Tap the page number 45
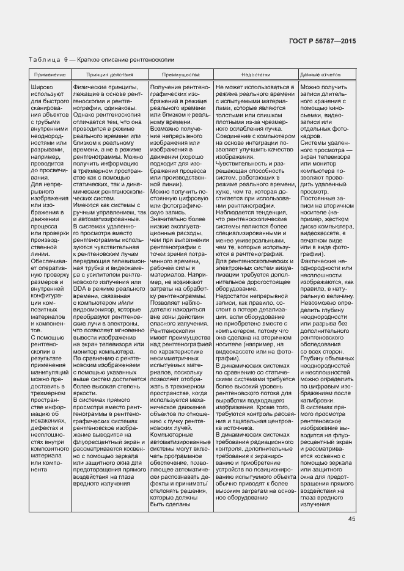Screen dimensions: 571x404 coord(351,519)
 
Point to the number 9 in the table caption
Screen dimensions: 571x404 coord(64,60)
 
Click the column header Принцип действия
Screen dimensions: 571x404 coord(109,75)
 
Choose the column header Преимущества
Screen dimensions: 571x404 coord(180,75)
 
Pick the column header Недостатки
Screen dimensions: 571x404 coord(255,75)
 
